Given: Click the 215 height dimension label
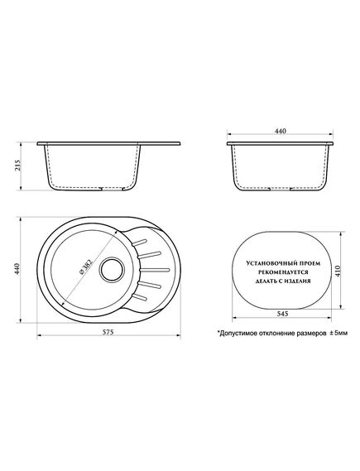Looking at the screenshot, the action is (17, 166).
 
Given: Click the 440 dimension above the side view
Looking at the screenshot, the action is (280, 131).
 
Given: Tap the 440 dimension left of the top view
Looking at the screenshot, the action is (17, 269).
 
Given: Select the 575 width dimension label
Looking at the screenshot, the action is (108, 332).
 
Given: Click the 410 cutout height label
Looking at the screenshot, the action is (338, 271).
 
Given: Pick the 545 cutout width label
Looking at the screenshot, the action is (282, 314).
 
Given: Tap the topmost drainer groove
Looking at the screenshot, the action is (139, 243).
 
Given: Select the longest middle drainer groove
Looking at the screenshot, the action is (155, 270).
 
